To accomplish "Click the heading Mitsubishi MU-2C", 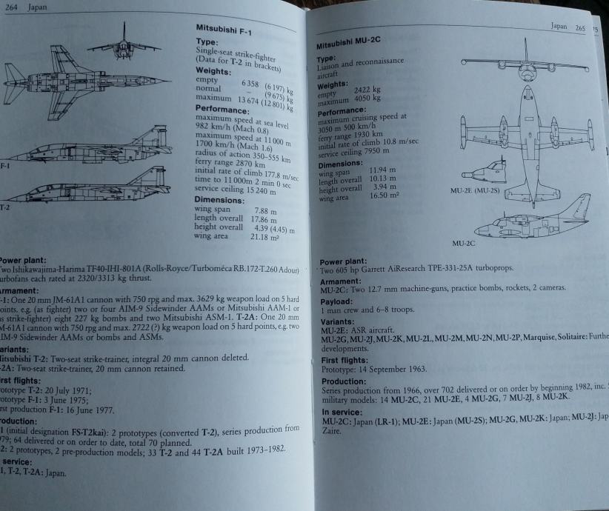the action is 348,47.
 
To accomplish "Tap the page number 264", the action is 9,6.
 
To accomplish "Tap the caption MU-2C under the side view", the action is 462,243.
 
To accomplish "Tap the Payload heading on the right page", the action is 337,302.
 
